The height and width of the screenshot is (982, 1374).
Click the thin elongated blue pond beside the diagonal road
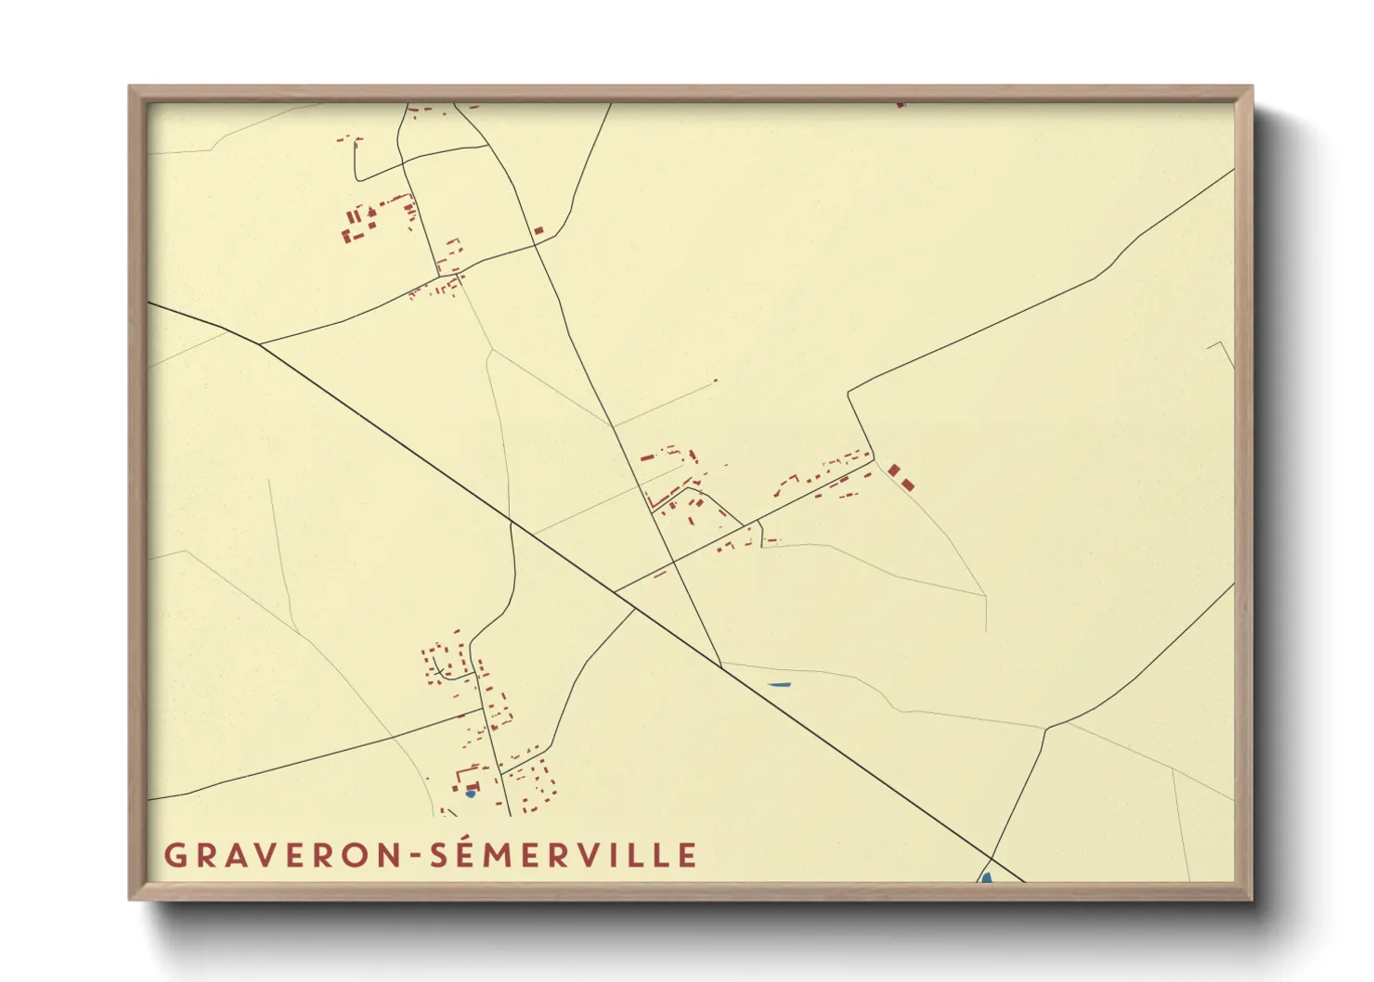coord(779,685)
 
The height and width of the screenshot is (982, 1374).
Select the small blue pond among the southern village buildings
coord(470,794)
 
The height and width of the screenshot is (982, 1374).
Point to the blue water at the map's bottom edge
coord(986,877)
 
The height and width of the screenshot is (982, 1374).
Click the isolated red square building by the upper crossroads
coord(538,229)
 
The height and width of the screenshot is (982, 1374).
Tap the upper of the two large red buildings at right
coord(894,471)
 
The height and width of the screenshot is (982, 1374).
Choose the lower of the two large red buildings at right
coord(907,485)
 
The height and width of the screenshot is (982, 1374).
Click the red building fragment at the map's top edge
coord(900,105)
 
